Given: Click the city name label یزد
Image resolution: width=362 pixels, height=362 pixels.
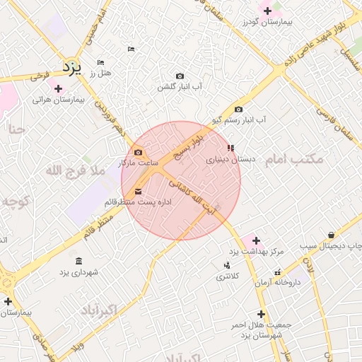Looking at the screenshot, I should coord(72,66).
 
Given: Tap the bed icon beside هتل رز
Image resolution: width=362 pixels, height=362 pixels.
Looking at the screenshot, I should coord(100,63).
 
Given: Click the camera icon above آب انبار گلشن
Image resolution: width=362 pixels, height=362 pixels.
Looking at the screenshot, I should coord(180,76).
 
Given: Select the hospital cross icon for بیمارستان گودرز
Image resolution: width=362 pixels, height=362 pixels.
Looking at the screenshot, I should coord(267,10).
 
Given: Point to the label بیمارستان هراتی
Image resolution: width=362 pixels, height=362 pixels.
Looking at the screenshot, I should coord(58,100).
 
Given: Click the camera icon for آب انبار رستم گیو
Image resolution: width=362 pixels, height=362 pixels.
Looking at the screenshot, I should coord(238,109).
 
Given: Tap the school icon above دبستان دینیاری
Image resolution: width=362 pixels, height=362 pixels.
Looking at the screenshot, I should coord(230,148).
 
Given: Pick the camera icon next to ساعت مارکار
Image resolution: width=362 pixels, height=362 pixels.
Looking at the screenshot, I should coord(138,153).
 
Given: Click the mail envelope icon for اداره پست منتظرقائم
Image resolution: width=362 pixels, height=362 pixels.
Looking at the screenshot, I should coord(138,192).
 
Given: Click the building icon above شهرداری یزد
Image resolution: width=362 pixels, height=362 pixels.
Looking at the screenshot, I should coord(78,260).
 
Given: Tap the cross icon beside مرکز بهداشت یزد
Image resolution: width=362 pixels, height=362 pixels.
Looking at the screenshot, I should coord(256,240).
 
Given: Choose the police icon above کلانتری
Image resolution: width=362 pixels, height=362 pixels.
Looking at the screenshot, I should coord(227,265).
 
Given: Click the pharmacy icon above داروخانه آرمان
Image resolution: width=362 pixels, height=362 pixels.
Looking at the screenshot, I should coord(278,271).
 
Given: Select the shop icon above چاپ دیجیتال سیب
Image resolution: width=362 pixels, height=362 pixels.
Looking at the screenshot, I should coord(331,235).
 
